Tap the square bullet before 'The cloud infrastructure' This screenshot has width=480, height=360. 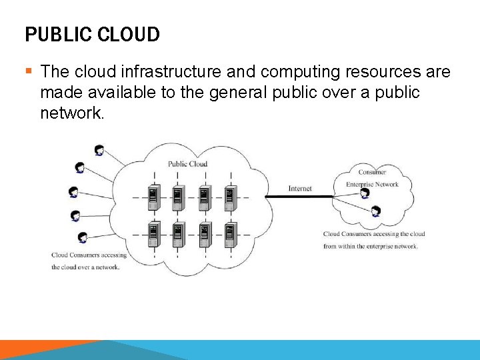click(29, 71)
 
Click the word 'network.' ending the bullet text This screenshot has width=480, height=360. click(72, 113)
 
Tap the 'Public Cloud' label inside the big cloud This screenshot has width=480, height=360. click(187, 164)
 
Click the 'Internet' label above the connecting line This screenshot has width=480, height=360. click(300, 189)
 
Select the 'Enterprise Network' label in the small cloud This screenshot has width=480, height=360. click(372, 185)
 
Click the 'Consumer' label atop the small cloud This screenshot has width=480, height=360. click(372, 172)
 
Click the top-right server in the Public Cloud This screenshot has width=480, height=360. click(229, 197)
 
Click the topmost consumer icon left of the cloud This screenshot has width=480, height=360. click(99, 150)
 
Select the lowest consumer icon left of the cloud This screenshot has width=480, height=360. click(82, 237)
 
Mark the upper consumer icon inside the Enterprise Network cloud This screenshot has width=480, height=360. click(365, 193)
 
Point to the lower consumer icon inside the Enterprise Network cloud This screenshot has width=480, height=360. click(376, 212)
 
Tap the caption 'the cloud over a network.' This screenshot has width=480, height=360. click(85, 267)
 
